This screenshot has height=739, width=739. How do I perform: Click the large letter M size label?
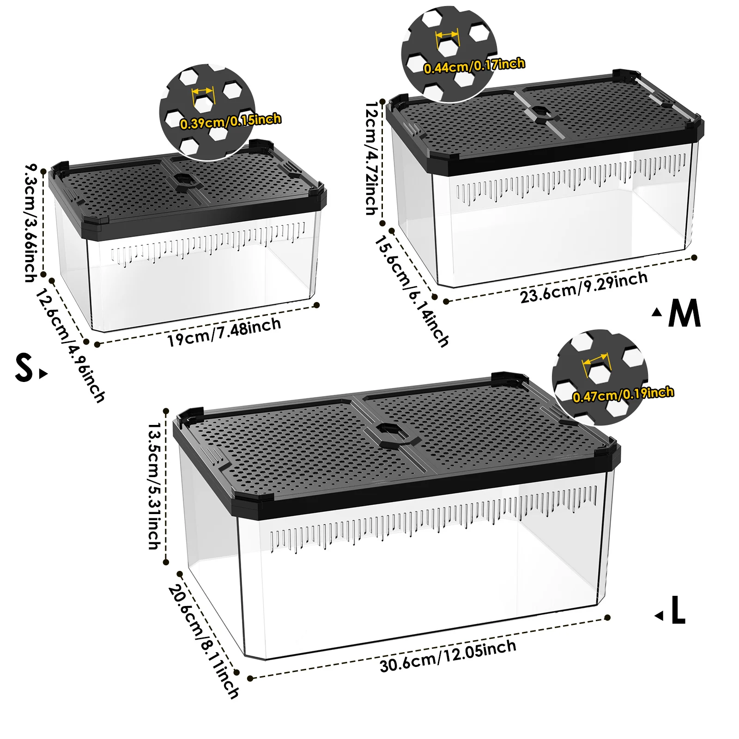point(684,313)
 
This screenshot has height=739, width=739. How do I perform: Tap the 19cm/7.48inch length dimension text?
point(224,332)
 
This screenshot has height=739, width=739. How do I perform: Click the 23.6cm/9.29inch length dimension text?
point(584,288)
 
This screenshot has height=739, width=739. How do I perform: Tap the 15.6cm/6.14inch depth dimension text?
point(411,291)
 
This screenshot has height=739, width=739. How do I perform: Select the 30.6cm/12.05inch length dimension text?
point(448,656)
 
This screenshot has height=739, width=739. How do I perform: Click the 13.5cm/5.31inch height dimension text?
point(155,486)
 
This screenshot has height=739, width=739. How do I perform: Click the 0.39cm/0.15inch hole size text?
point(230,121)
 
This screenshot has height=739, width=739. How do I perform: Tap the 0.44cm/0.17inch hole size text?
point(474,66)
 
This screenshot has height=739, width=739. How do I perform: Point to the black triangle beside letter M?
point(657,312)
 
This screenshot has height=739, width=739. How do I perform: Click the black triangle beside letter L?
point(659,615)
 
